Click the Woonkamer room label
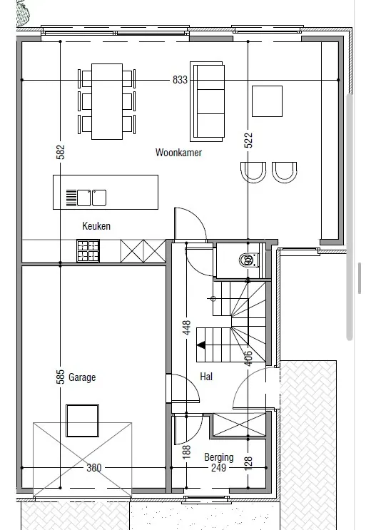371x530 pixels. tap(178, 153)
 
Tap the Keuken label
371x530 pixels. tap(96, 226)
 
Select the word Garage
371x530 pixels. tap(82, 377)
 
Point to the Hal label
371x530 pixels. tap(206, 376)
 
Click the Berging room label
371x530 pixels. tap(219, 457)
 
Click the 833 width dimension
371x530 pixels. tap(180, 80)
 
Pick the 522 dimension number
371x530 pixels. tap(248, 141)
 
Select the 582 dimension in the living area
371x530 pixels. tap(60, 152)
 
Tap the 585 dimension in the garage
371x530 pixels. tap(60, 377)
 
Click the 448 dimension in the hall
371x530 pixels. tap(187, 327)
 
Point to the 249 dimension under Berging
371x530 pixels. tap(219, 468)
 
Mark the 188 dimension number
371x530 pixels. tap(187, 452)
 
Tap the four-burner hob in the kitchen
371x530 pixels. tap(88, 251)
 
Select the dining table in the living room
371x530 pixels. tap(107, 101)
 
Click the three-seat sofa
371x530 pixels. tap(207, 101)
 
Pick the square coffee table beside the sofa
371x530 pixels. tap(267, 101)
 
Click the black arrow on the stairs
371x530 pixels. tap(201, 345)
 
